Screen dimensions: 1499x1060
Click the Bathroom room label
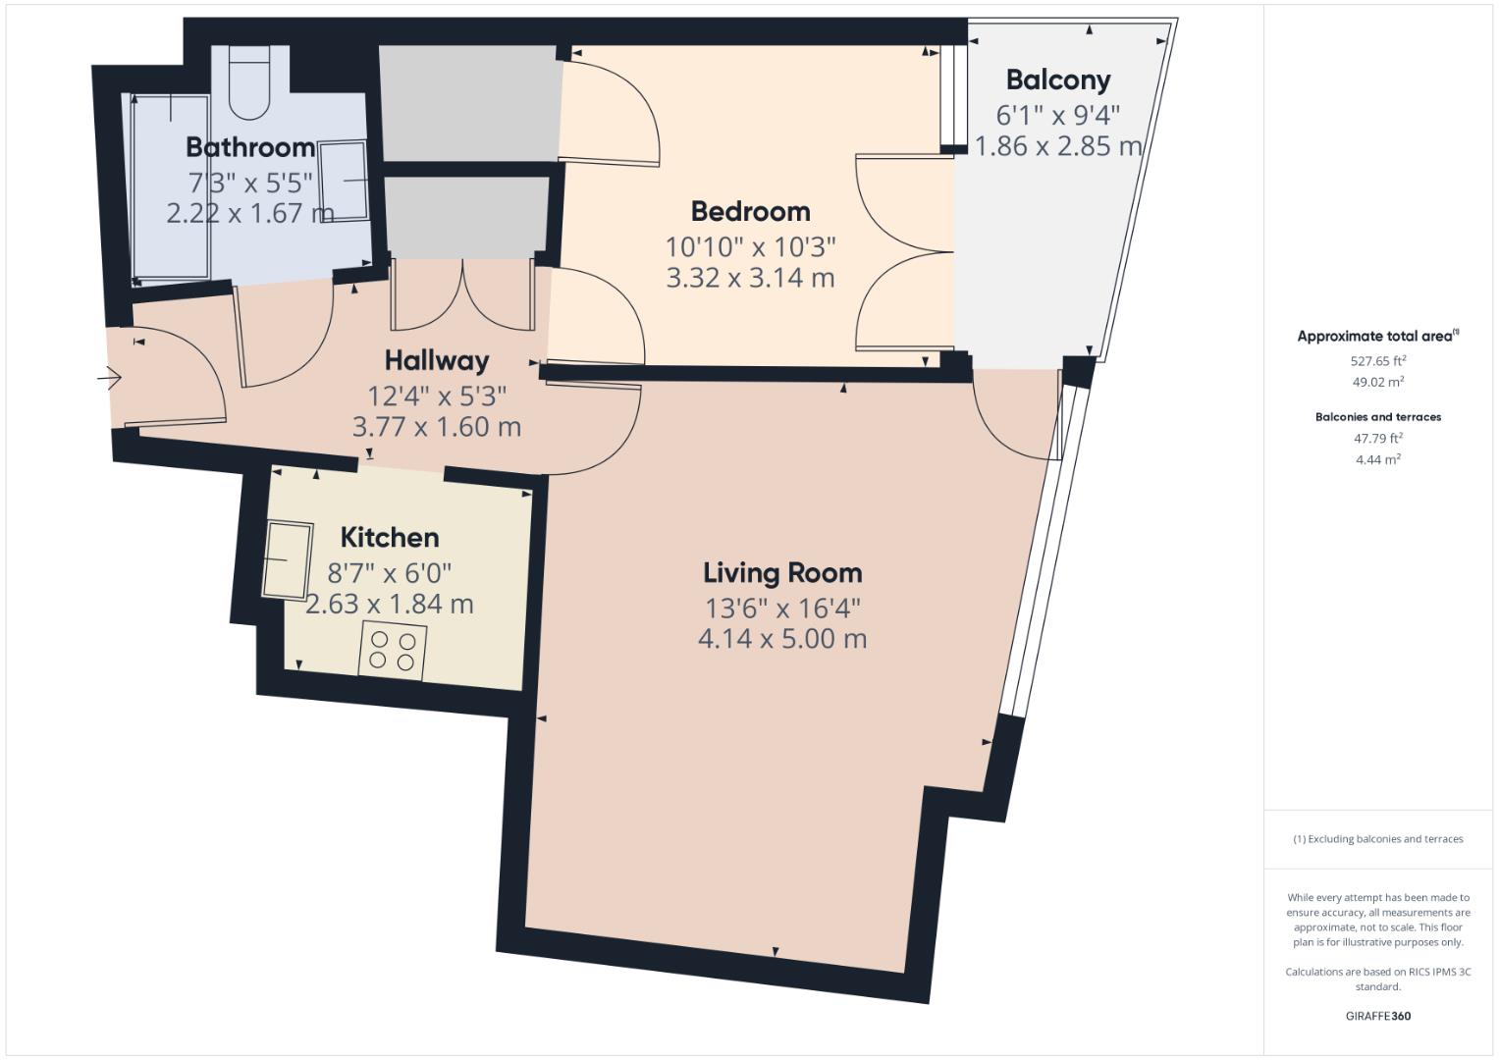pyautogui.click(x=250, y=147)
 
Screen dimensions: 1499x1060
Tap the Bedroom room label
pyautogui.click(x=750, y=211)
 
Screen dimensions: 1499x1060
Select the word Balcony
pyautogui.click(x=1058, y=80)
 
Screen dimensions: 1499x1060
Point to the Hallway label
pyautogui.click(x=436, y=361)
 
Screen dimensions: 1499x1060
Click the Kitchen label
pyautogui.click(x=390, y=538)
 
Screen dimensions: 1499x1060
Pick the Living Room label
pyautogui.click(x=782, y=573)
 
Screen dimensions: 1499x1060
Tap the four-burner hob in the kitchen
pyautogui.click(x=392, y=651)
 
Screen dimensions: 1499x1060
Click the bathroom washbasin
pyautogui.click(x=344, y=181)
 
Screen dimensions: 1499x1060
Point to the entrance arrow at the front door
pyautogui.click(x=109, y=379)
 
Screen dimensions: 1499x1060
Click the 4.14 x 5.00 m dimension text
pyautogui.click(x=782, y=639)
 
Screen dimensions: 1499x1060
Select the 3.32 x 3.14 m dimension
pyautogui.click(x=750, y=278)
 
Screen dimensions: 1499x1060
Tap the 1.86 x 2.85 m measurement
pyautogui.click(x=1058, y=146)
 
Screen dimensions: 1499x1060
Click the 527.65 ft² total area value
pyautogui.click(x=1378, y=361)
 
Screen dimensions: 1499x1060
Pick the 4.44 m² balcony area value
pyautogui.click(x=1378, y=459)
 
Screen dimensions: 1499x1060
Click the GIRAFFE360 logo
pyautogui.click(x=1378, y=1016)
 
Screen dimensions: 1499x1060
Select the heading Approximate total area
pyautogui.click(x=1378, y=336)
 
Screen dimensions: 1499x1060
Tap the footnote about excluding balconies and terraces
pyautogui.click(x=1378, y=839)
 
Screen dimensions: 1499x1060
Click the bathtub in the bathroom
pyautogui.click(x=171, y=186)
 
